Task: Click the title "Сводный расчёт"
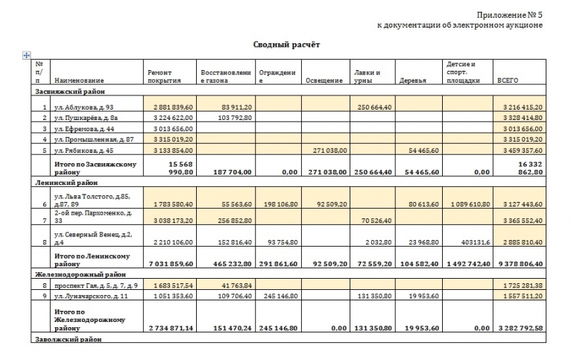tap(286, 45)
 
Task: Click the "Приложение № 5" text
tap(508, 14)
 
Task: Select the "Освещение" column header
tap(322, 80)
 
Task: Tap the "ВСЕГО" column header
tap(508, 80)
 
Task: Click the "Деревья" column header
tap(412, 80)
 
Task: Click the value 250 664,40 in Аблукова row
tap(373, 108)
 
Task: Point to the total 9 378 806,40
tap(520, 263)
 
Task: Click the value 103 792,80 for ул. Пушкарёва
tap(224, 119)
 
